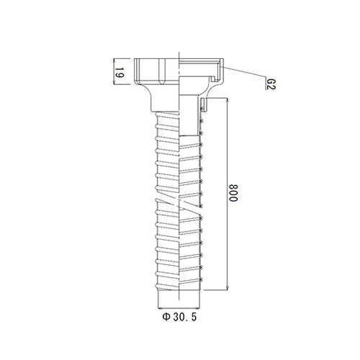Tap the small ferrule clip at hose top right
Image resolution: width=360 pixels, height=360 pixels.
(204, 107)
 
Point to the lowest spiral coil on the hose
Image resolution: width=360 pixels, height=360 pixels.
(179, 285)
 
